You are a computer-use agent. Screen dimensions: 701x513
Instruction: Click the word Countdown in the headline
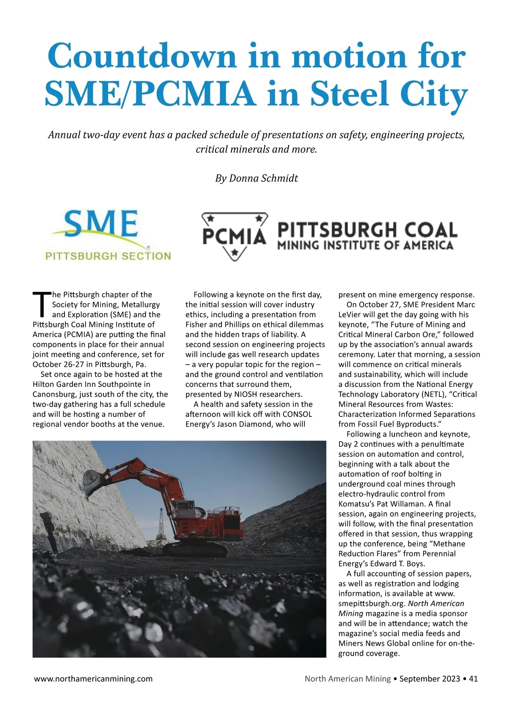(142, 56)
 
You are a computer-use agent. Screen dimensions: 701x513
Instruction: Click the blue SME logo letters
(101, 223)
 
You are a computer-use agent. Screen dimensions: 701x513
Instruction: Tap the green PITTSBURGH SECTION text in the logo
(108, 256)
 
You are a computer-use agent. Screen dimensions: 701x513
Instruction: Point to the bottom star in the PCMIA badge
(234, 252)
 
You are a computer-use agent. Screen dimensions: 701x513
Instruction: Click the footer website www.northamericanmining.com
(93, 679)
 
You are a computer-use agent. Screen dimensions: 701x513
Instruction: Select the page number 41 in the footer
(473, 679)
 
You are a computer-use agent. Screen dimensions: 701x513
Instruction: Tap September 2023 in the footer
(430, 679)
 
